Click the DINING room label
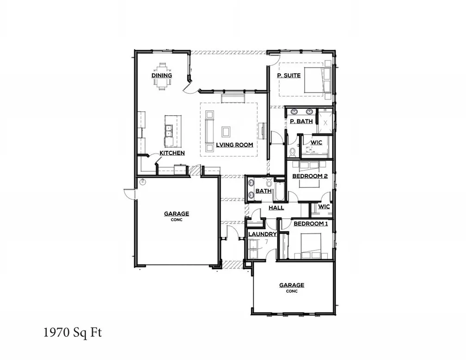(162, 75)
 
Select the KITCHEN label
(172, 153)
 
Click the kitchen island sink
(169, 131)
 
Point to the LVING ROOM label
(234, 145)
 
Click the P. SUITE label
(288, 75)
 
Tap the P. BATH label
(301, 121)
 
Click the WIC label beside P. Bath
(316, 143)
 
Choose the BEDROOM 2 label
(310, 176)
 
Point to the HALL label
(276, 208)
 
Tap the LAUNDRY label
(262, 234)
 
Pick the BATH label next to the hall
(263, 191)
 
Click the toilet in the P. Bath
(292, 151)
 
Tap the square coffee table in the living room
(226, 132)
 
